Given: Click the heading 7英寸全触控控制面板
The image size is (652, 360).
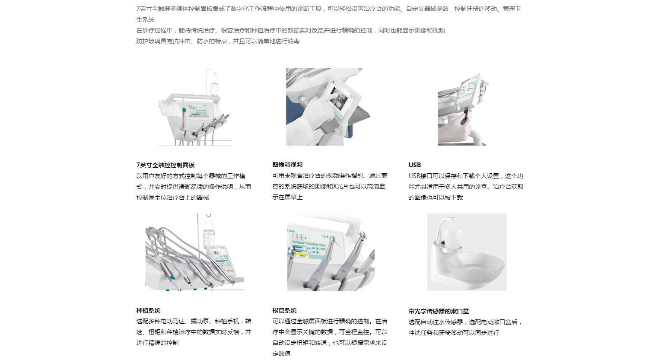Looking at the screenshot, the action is pos(165,165).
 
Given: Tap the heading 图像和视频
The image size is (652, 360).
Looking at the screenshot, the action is pos(287,165).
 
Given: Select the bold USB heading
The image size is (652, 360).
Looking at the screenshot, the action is pos(414,165).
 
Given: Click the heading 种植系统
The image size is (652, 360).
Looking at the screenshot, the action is pos(148,311).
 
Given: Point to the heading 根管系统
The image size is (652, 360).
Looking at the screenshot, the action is pos(284,311).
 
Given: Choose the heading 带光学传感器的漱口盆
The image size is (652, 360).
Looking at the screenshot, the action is pos(439,311).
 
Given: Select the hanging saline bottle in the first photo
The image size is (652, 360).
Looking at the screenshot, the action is pos(214,89).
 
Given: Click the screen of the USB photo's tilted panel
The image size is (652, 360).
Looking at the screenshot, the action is pos(468,91).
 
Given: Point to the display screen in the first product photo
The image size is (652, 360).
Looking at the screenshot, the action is pos(199,111).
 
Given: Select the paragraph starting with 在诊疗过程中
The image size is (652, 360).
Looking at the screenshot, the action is pos(290,30).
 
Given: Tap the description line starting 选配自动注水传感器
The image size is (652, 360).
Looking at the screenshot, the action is pos(465,322).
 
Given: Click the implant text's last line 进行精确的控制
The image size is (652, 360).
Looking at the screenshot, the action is pos(157,343).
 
